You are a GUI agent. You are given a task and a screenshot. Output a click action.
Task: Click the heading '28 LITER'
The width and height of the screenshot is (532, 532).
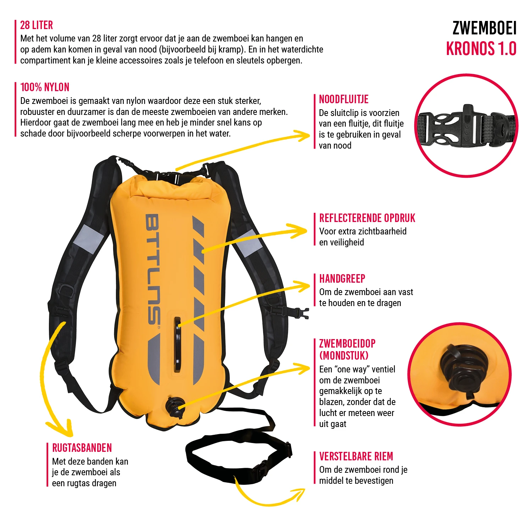(x=37, y=25)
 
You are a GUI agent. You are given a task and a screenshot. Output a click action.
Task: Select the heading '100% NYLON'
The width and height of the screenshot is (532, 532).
(x=45, y=87)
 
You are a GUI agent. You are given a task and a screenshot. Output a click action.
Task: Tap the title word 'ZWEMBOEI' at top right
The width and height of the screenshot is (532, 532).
(x=484, y=28)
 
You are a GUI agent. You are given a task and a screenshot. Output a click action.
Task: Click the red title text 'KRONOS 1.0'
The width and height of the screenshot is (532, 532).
(x=481, y=49)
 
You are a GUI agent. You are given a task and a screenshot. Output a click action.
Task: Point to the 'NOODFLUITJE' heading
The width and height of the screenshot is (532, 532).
(x=344, y=99)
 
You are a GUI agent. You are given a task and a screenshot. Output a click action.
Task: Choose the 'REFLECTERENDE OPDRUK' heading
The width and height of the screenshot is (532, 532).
(x=367, y=218)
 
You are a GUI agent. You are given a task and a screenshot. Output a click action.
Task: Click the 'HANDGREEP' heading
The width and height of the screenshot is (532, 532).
(x=342, y=279)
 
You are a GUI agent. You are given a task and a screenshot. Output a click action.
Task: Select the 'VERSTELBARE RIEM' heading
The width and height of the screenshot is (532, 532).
(x=356, y=456)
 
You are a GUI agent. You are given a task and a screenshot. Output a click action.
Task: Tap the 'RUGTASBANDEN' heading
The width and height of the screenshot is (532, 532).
(x=82, y=448)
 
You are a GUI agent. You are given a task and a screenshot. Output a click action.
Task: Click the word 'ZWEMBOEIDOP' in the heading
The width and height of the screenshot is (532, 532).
(x=347, y=344)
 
